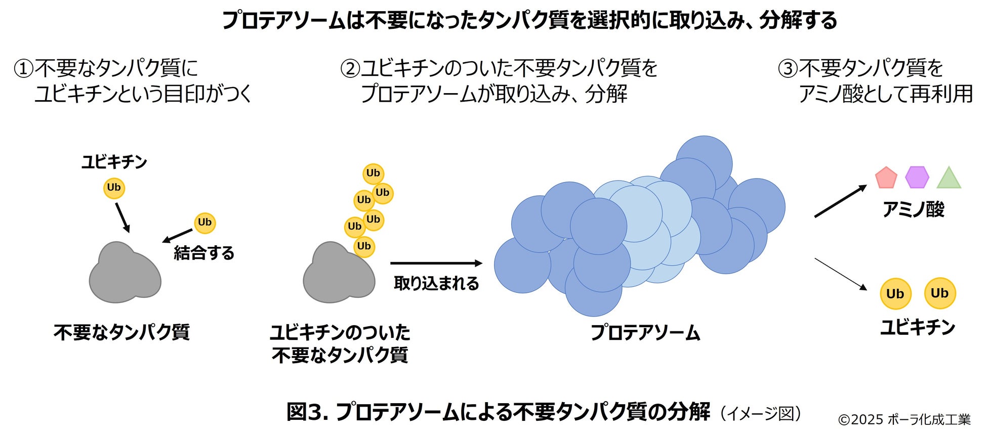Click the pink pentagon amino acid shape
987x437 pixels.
886,178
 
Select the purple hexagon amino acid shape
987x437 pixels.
917,178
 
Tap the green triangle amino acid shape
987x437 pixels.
949,179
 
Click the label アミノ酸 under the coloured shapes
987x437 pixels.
913,209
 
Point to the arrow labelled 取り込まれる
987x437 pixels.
436,263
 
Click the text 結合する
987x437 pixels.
204,252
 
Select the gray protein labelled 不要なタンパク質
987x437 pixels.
125,273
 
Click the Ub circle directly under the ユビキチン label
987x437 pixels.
114,188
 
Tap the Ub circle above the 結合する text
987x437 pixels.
204,223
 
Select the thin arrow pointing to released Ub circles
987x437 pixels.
840,274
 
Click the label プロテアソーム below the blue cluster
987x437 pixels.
645,333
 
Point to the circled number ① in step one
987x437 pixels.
23,68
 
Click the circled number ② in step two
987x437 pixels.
350,68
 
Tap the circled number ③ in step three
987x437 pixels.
788,68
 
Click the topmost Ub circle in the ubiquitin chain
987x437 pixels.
373,173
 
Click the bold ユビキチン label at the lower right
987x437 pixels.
918,327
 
